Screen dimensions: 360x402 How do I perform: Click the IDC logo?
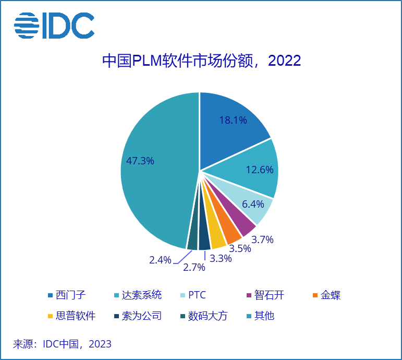54,26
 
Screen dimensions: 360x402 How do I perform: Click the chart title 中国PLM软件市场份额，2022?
201,61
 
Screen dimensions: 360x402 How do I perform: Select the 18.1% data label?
233,120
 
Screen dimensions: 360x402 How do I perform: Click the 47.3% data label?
140,161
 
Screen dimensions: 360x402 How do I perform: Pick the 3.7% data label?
262,240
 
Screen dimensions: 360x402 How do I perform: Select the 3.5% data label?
240,248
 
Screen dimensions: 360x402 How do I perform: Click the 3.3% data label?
221,258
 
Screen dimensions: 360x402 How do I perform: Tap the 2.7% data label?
193,268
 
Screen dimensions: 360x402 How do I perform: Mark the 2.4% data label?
160,260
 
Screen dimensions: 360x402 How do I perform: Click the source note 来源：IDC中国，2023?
62,344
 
